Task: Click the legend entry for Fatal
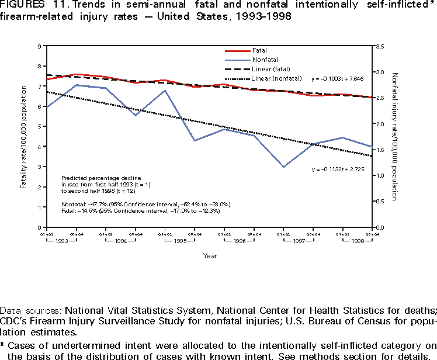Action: [x=261, y=50]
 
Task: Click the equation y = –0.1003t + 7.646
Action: [x=338, y=78]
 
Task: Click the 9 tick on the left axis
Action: [x=39, y=46]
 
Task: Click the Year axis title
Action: [x=210, y=255]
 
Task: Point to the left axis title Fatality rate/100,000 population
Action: [x=24, y=137]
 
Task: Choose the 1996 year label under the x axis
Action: [x=239, y=241]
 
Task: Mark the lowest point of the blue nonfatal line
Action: [x=283, y=167]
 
